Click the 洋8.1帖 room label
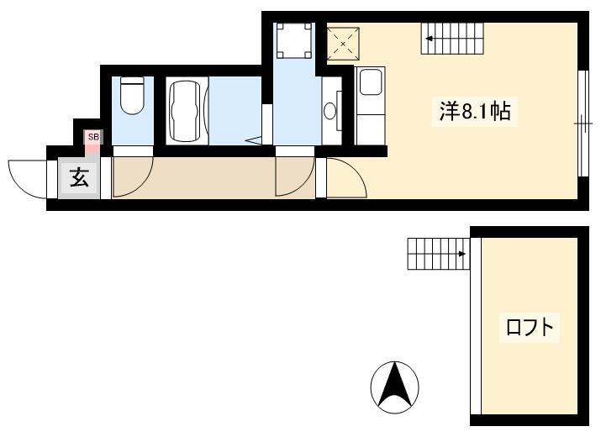pyautogui.click(x=475, y=112)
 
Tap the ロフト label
pyautogui.click(x=530, y=328)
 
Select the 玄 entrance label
pyautogui.click(x=80, y=178)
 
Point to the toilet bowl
pyautogui.click(x=132, y=95)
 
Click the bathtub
pyautogui.click(x=185, y=111)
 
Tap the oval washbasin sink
pyautogui.click(x=329, y=112)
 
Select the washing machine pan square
pyautogui.click(x=294, y=39)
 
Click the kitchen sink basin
pyautogui.click(x=370, y=82)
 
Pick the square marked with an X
pyautogui.click(x=343, y=44)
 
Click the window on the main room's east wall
pyautogui.click(x=583, y=123)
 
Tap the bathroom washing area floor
pyautogui.click(x=235, y=111)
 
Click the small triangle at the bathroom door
pyautogui.click(x=254, y=140)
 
